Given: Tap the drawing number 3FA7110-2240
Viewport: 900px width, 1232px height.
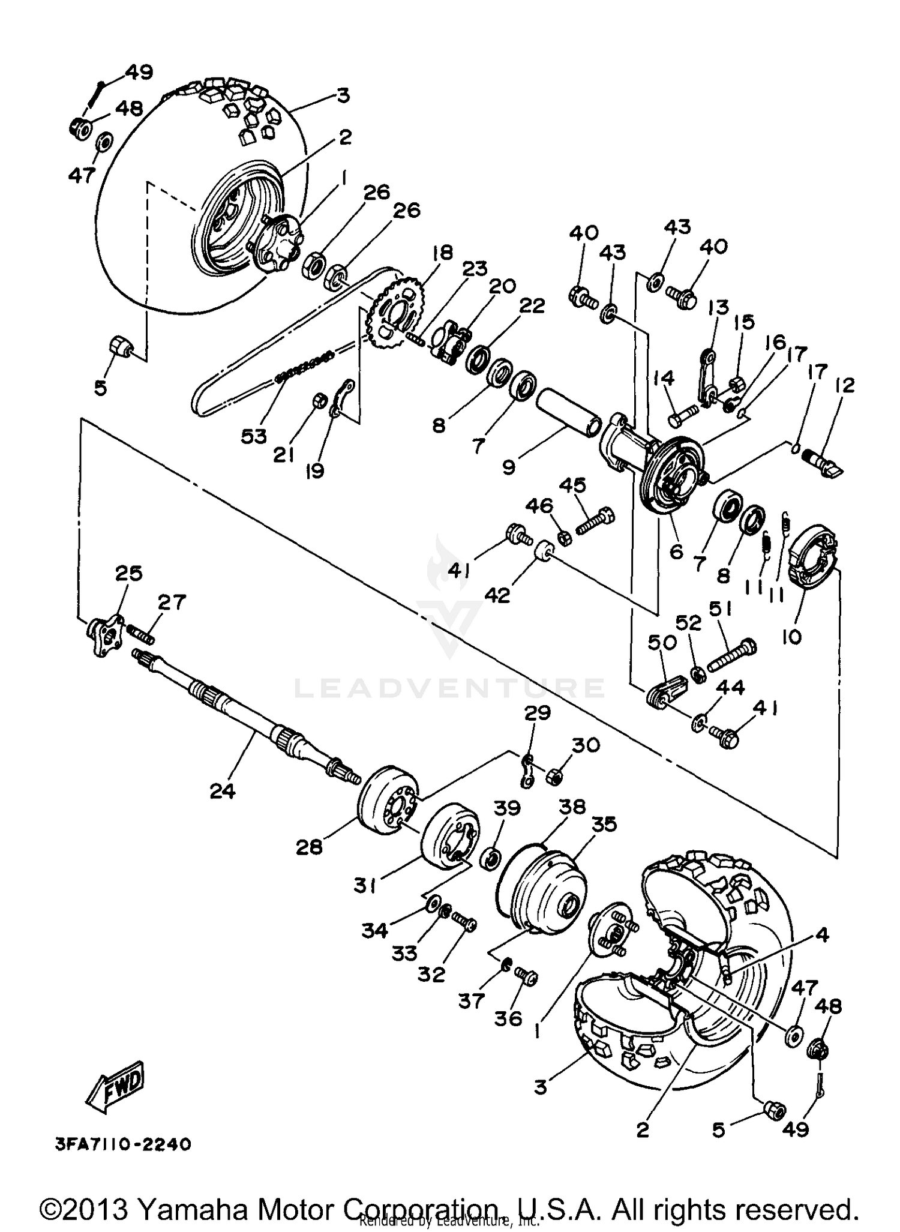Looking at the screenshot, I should [122, 1144].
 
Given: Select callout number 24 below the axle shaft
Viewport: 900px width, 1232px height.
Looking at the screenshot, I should [223, 792].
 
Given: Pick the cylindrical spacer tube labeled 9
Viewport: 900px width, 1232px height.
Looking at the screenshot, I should [568, 408].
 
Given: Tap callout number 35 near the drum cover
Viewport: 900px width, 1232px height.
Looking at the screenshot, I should [604, 825].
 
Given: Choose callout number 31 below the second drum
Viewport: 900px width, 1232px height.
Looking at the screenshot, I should [365, 885].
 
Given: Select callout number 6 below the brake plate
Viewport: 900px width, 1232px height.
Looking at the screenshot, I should [676, 551].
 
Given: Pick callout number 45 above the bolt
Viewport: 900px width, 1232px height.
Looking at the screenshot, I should [572, 485].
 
